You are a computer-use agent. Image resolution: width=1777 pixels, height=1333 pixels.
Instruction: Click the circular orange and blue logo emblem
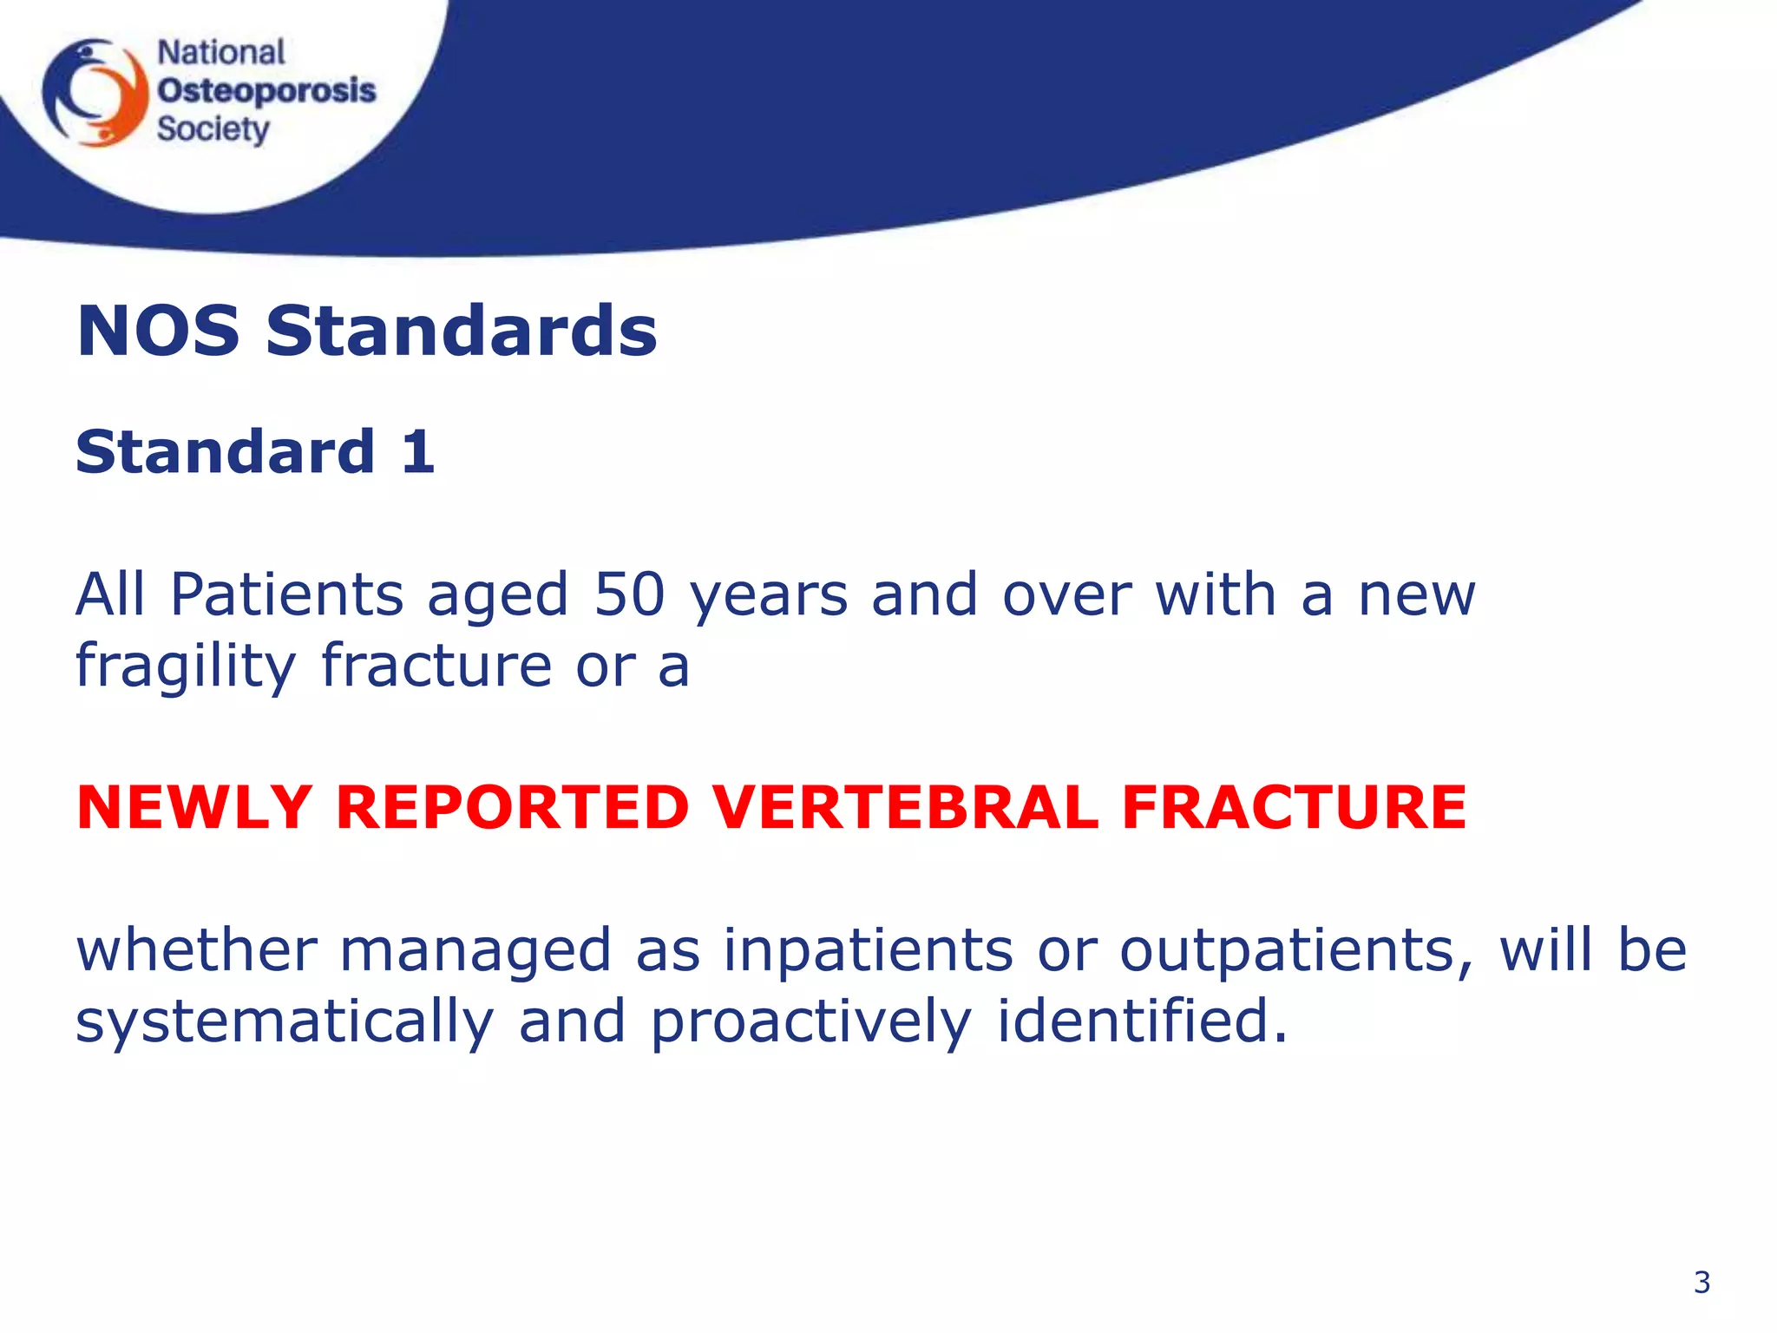tap(95, 92)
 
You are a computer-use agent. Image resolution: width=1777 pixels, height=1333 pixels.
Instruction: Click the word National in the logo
tap(220, 53)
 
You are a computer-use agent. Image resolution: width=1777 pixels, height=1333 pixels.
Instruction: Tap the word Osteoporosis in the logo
tap(266, 90)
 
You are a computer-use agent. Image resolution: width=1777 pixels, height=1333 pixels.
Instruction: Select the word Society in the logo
tap(213, 129)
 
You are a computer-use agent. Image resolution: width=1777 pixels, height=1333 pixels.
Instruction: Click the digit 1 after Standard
tap(418, 452)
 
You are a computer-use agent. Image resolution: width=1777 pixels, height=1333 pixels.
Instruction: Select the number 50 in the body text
tap(629, 594)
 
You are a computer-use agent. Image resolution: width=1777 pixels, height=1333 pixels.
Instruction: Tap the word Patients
tap(287, 594)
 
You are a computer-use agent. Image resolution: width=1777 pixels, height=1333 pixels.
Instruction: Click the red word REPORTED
tap(512, 807)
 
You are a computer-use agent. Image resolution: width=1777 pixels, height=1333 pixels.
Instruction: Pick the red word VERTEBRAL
tap(906, 807)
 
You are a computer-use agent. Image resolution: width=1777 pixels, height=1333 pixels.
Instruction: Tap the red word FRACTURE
tap(1294, 807)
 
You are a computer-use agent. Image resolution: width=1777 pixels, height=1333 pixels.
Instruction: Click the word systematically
tap(285, 1021)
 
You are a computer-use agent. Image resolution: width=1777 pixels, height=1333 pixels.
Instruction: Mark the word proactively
tap(811, 1021)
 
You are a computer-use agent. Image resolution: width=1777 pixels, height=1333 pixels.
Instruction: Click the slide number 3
tap(1702, 1282)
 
